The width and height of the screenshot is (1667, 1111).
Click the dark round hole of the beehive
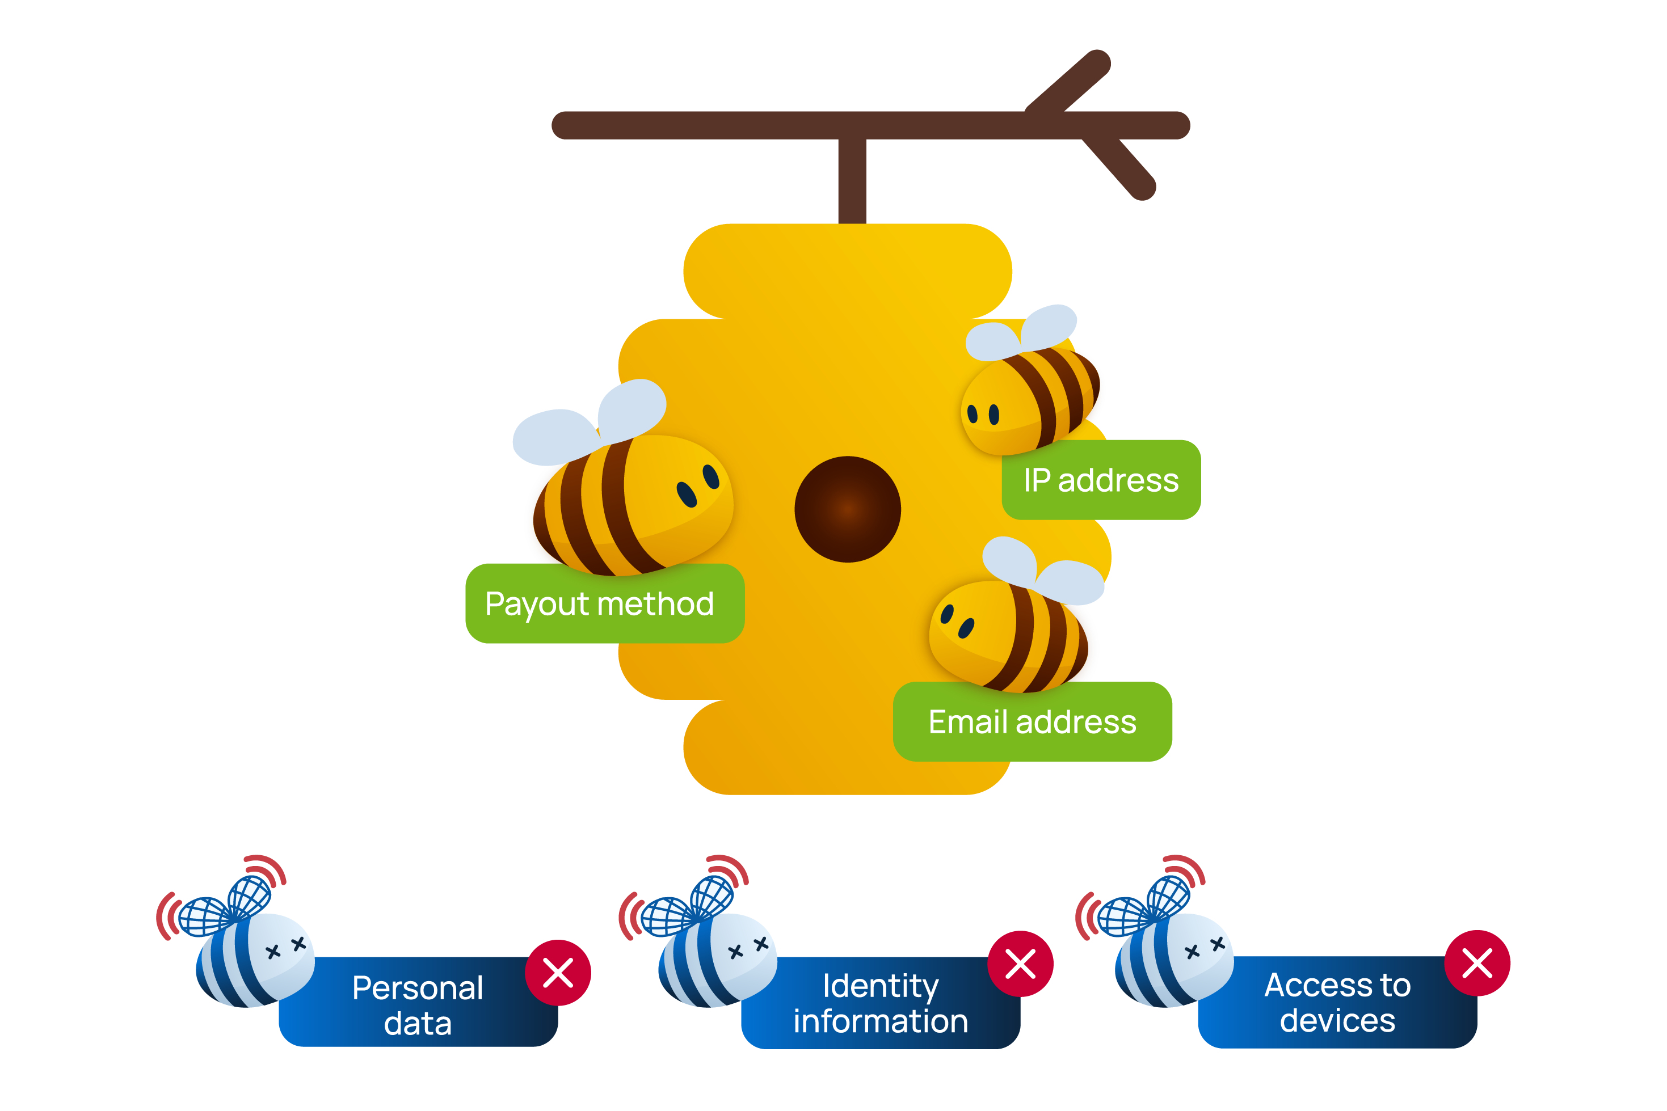click(x=847, y=509)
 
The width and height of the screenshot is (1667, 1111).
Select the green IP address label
click(x=1101, y=480)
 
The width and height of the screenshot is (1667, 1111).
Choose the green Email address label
click(x=1032, y=722)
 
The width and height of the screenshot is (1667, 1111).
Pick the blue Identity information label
click(x=879, y=1003)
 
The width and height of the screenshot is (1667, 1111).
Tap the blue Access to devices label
click(x=1337, y=1003)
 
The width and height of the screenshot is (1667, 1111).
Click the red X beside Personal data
click(x=558, y=972)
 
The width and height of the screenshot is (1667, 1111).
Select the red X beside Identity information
click(x=1020, y=964)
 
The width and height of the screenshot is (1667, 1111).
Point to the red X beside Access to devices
click(x=1477, y=963)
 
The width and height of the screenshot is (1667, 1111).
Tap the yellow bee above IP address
click(x=1028, y=397)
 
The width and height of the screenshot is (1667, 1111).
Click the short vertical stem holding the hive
click(x=852, y=181)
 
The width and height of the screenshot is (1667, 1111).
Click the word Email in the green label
click(x=967, y=722)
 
